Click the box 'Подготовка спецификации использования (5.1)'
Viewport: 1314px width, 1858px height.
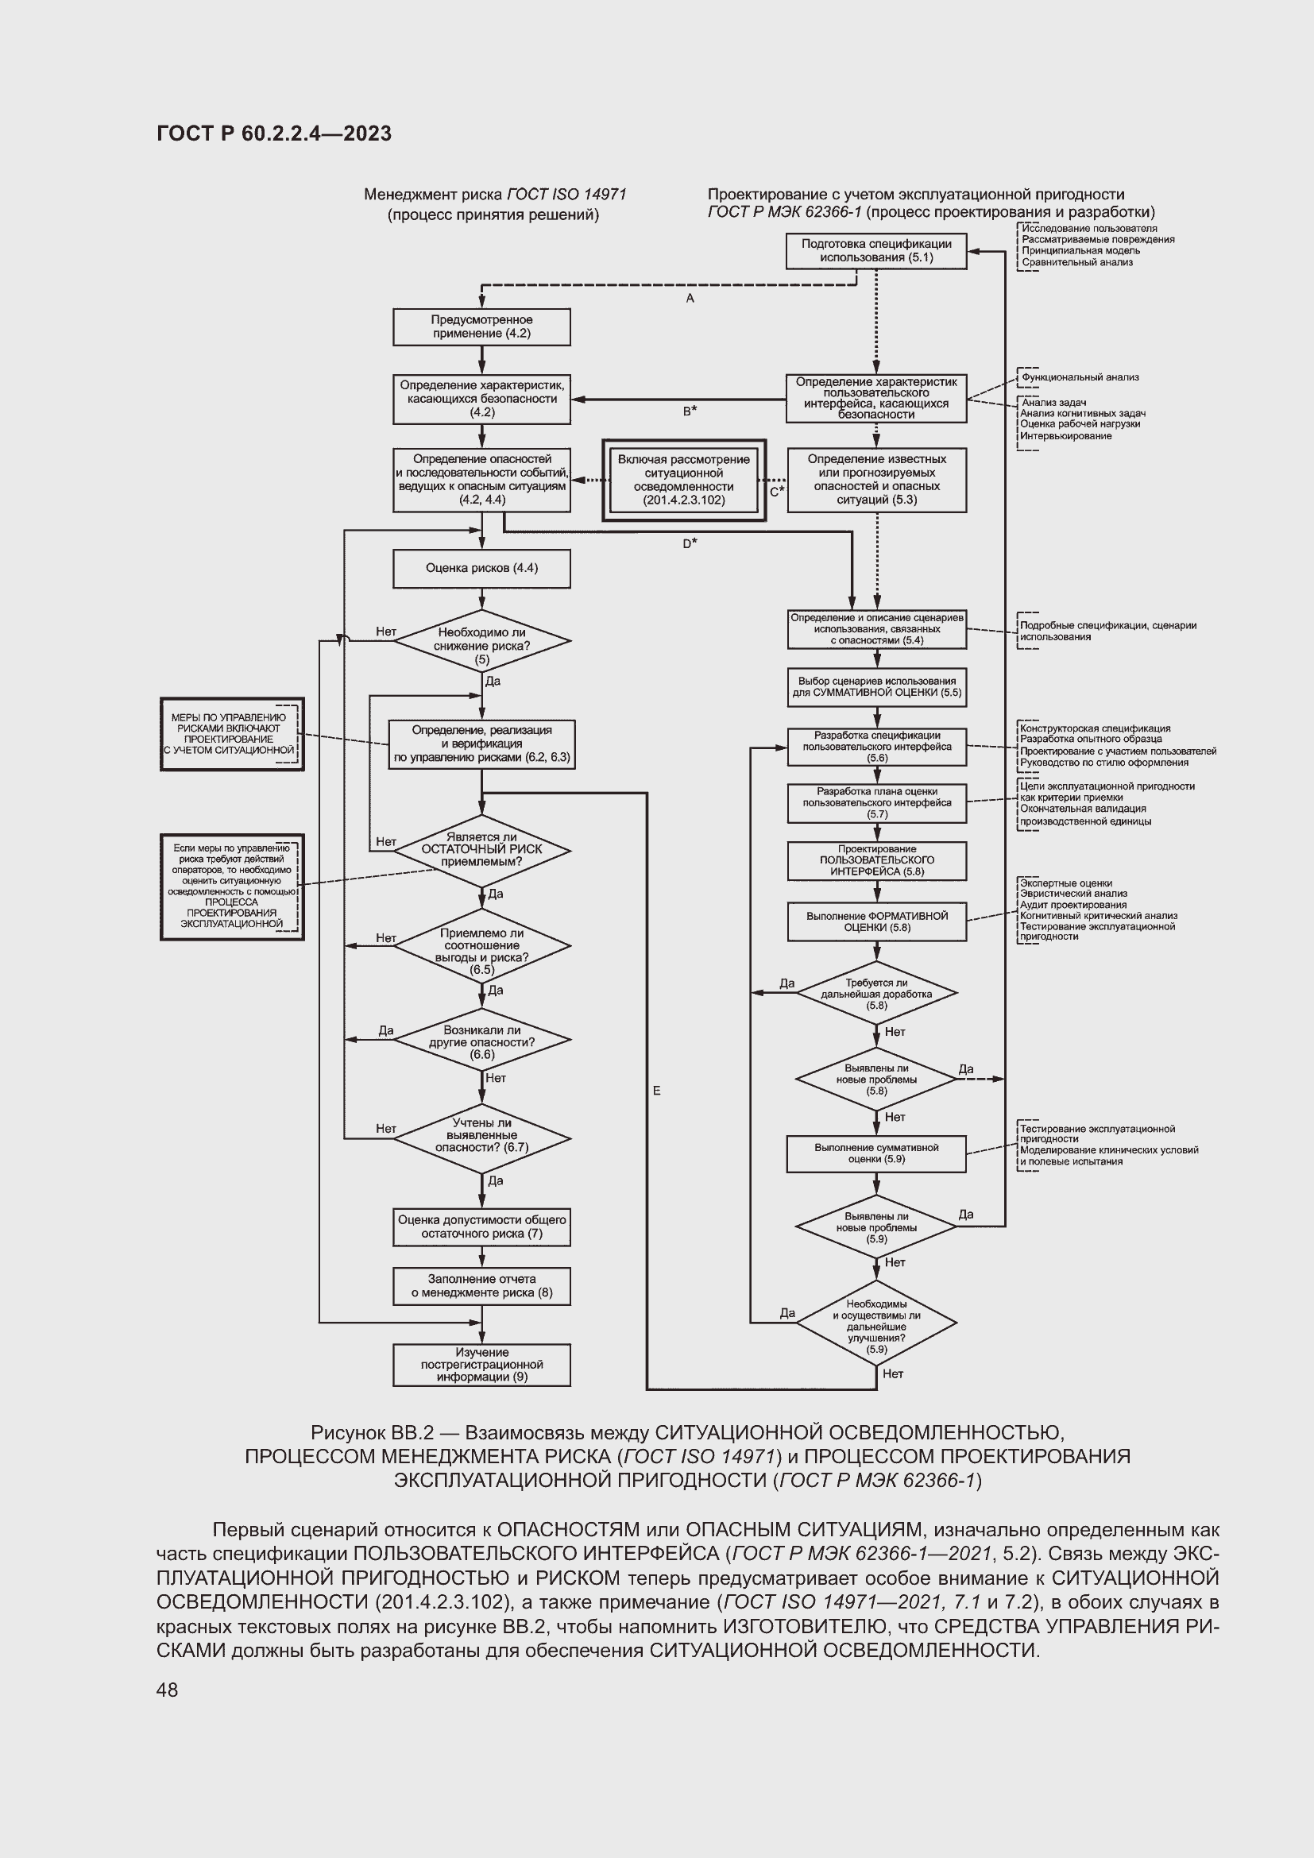[x=876, y=251]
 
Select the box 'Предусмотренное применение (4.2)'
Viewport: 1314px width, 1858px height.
[x=481, y=327]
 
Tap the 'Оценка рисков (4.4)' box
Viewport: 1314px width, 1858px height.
[x=481, y=568]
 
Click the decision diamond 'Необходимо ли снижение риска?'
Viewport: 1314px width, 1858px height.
[x=482, y=641]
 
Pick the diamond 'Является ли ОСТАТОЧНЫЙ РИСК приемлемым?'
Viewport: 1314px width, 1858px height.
[x=482, y=850]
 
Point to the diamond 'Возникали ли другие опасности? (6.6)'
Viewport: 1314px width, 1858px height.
[x=482, y=1040]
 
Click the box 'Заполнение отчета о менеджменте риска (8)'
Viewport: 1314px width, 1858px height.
[x=481, y=1286]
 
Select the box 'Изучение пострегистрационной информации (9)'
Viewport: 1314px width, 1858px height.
[x=481, y=1365]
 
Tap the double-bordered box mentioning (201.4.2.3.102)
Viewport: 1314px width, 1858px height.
[x=684, y=480]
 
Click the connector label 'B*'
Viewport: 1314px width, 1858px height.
[x=690, y=411]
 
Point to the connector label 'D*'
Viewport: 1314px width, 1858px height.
[x=690, y=543]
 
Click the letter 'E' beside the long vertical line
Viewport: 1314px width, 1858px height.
[x=656, y=1091]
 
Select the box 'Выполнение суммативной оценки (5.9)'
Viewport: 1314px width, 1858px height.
[x=876, y=1153]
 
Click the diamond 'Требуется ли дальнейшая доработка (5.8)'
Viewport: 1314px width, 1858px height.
[x=876, y=993]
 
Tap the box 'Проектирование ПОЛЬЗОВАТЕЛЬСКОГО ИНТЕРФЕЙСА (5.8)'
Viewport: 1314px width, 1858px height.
[x=877, y=860]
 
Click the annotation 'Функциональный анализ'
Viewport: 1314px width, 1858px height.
[x=1080, y=377]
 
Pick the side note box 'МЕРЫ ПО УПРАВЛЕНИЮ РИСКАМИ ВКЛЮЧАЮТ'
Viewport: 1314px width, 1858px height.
[x=232, y=734]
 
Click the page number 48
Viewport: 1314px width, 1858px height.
[x=168, y=1689]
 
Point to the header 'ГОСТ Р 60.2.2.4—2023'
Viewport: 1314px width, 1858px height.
[x=274, y=133]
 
